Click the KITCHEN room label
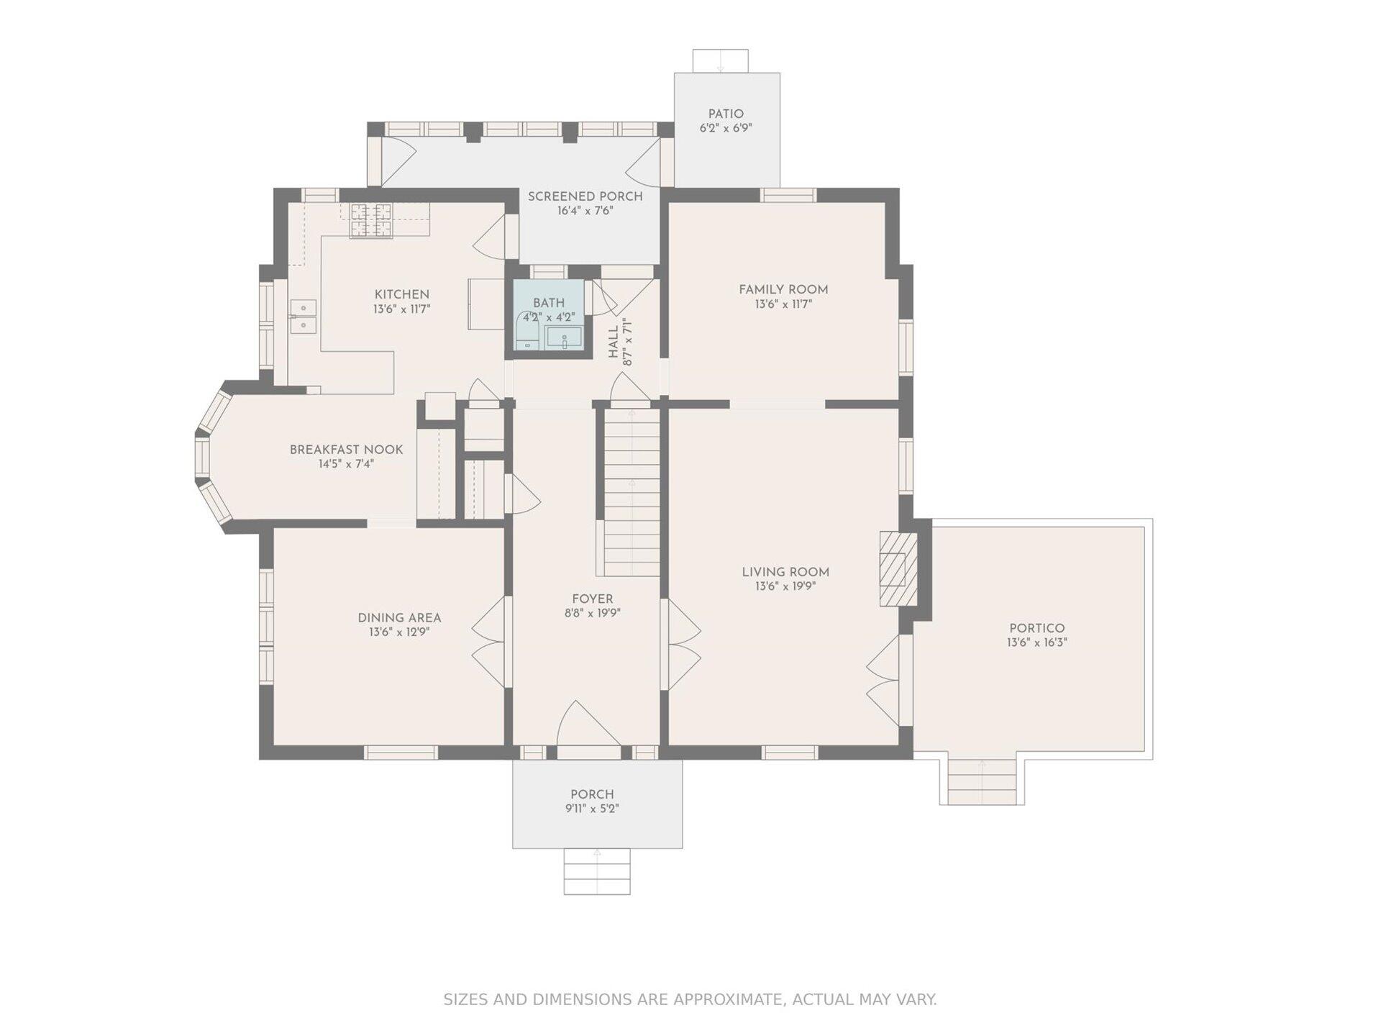[401, 294]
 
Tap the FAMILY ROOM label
[783, 289]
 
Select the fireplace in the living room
[899, 569]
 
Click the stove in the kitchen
[371, 220]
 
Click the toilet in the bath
[528, 331]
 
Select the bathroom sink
[564, 337]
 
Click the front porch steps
[597, 871]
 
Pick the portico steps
[982, 781]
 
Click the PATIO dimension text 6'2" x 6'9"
[726, 129]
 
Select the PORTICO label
[1036, 628]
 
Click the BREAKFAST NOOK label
[346, 450]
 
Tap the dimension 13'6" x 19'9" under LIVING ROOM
[785, 586]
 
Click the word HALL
[613, 343]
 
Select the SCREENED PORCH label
[585, 196]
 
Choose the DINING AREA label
[399, 618]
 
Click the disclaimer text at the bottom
[690, 999]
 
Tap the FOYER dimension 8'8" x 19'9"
[593, 613]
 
